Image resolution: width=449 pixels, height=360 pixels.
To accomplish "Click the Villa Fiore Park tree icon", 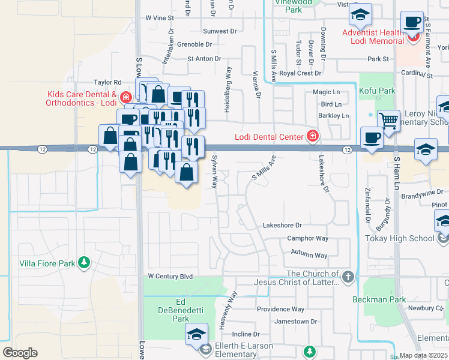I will click(x=85, y=262).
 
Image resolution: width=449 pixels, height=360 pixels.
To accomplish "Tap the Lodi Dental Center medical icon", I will click(x=312, y=136).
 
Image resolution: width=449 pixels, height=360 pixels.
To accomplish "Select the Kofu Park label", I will click(x=378, y=91).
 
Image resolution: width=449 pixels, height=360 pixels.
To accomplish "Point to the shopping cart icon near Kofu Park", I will click(x=388, y=120).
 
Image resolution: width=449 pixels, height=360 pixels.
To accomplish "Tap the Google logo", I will click(x=20, y=353).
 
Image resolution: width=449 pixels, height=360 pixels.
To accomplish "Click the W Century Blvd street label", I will click(x=170, y=277).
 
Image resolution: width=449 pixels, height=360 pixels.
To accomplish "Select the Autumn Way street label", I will click(x=309, y=256).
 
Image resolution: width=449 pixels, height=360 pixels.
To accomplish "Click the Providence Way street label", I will click(x=280, y=310).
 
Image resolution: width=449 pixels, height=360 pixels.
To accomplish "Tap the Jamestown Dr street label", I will click(x=295, y=322).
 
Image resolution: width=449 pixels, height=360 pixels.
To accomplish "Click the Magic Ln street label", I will click(x=326, y=92).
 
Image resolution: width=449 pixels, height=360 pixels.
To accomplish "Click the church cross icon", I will click(x=348, y=277).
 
